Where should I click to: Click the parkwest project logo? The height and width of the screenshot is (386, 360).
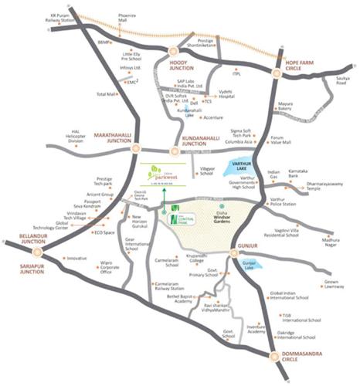coord(160,174)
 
